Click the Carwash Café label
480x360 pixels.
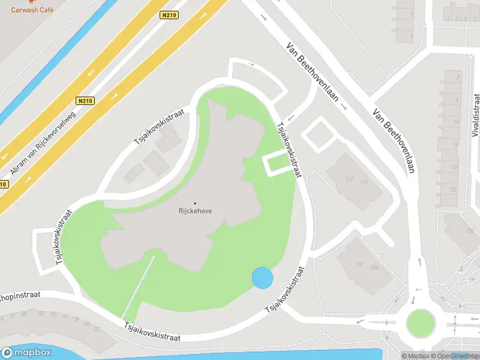coord(32,10)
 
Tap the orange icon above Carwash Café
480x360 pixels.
coord(32,2)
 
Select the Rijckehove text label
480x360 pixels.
coord(195,211)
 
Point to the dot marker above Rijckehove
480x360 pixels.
coord(195,203)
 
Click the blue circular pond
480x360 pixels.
coord(262,278)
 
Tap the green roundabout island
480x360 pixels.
coord(420,323)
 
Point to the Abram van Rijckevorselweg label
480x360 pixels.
coord(43,144)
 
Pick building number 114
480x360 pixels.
coord(364,181)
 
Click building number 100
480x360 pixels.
coord(359,264)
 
